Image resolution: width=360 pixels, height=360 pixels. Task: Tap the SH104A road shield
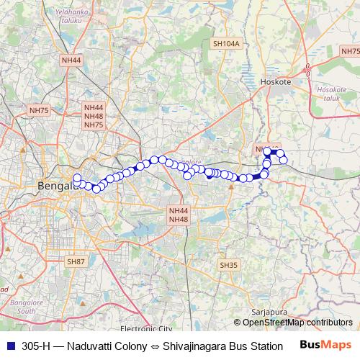225,44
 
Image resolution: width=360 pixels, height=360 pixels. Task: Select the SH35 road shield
228,265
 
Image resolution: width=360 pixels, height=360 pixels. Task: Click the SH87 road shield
76,262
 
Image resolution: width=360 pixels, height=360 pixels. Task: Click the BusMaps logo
325,346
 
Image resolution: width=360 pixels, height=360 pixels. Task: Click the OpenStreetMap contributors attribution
297,323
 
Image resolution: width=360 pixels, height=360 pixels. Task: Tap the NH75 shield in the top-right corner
350,51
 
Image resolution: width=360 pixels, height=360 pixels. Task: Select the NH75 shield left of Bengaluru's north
39,110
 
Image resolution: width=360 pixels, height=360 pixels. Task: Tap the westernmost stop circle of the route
77,178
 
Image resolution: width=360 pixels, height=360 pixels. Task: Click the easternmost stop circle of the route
284,159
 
